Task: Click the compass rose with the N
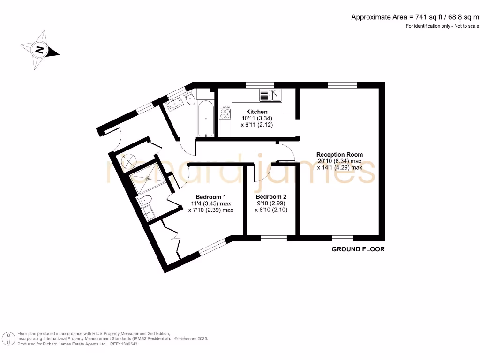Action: (x=39, y=50)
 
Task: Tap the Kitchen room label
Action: (x=257, y=112)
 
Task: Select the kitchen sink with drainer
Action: (x=270, y=96)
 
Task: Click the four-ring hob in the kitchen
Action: (x=225, y=113)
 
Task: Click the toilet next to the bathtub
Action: (x=190, y=99)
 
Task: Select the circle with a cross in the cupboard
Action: (x=128, y=161)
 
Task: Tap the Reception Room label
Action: (x=339, y=154)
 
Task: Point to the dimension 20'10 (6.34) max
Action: (x=339, y=161)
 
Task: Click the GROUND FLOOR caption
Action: (x=358, y=249)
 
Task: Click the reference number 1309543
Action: (x=130, y=344)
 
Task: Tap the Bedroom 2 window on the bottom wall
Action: (x=274, y=238)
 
